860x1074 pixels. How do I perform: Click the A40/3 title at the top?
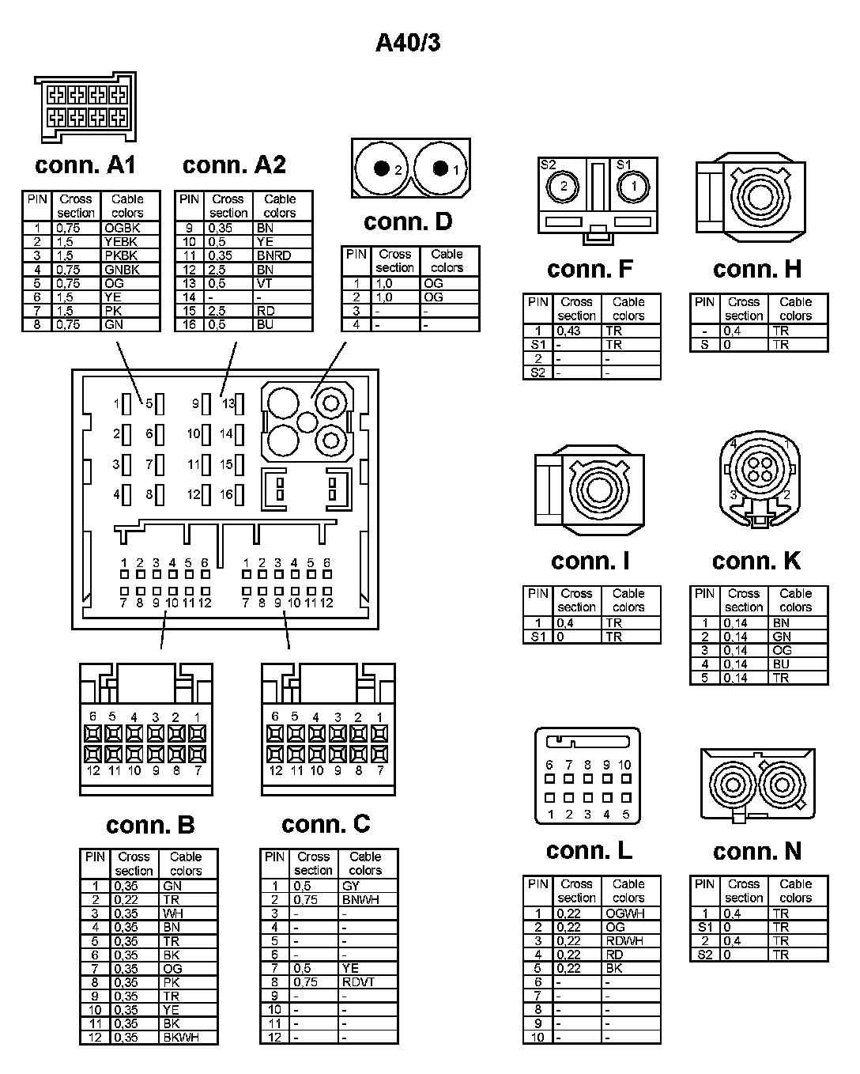point(408,43)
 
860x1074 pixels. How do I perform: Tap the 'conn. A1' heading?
point(85,165)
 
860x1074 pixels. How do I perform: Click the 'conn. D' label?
point(408,222)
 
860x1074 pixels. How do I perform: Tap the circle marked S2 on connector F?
point(564,187)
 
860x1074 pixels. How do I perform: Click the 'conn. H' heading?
point(756,270)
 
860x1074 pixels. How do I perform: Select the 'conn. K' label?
point(756,562)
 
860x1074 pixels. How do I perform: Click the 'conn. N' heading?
point(756,852)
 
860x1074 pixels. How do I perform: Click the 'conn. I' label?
point(590,562)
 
